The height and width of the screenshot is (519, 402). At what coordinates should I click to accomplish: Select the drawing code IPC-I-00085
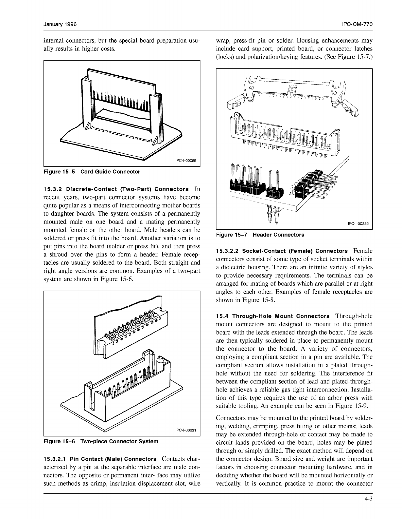186,161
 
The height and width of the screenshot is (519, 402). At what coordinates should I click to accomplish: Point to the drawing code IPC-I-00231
186,431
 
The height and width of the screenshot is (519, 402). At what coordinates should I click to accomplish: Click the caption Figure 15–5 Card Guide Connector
92,172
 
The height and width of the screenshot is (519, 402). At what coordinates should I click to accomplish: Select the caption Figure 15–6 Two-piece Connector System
101,441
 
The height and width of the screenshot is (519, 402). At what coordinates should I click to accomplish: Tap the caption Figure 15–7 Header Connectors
260,235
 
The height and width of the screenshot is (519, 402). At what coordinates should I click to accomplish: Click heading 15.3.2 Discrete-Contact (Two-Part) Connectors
116,189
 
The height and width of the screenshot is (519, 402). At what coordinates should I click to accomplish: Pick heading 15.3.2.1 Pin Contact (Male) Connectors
100,459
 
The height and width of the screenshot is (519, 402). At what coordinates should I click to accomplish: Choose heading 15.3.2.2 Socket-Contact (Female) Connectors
282,251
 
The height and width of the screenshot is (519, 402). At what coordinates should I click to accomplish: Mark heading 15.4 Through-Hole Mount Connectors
273,316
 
